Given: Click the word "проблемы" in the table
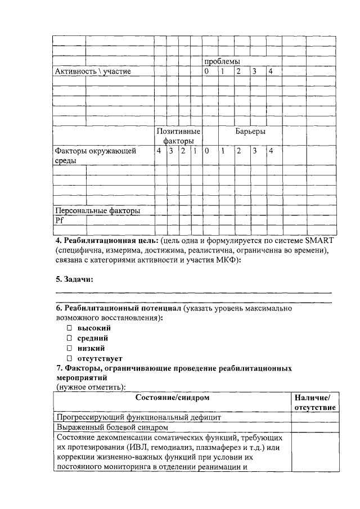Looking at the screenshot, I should click(x=222, y=61).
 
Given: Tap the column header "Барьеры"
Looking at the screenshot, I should click(x=250, y=131).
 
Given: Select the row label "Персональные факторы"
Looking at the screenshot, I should click(x=97, y=210).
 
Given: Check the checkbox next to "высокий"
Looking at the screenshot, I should click(x=69, y=327).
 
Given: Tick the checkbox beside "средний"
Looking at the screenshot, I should click(x=69, y=338).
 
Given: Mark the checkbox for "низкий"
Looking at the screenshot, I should click(x=69, y=348).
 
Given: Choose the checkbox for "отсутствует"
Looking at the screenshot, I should click(x=69, y=358).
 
